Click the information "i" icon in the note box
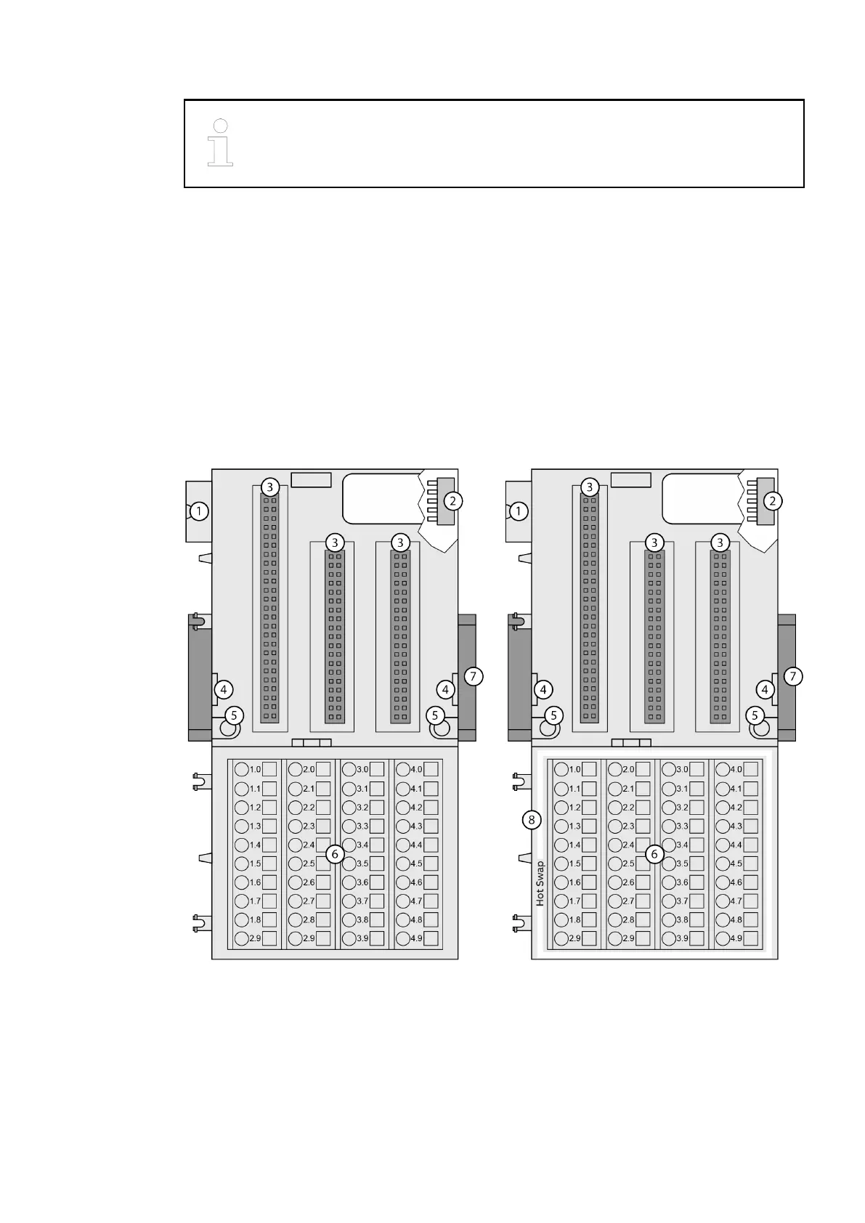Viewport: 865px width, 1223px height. tap(220, 142)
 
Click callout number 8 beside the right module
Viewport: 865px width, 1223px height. tap(532, 820)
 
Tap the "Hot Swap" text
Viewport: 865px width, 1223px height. tap(540, 884)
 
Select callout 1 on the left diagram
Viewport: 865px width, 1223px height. tap(199, 511)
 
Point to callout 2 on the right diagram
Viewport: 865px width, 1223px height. tap(773, 500)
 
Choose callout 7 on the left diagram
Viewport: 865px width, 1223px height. tap(473, 676)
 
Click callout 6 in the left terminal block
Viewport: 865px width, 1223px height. tap(335, 854)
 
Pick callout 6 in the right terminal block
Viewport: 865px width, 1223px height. tap(654, 854)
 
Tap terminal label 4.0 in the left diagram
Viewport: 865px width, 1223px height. tap(416, 770)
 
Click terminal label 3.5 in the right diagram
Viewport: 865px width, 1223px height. tap(682, 864)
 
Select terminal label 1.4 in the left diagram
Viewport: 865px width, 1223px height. tap(255, 845)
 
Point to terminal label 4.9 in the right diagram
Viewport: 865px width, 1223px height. tap(736, 938)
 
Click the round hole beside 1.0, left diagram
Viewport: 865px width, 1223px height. tap(242, 770)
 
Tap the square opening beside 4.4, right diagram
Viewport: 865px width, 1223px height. tap(751, 845)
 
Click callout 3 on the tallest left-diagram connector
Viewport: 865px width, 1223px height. tap(269, 487)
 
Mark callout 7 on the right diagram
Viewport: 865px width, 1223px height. tap(792, 676)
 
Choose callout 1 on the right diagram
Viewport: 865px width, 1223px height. tap(519, 511)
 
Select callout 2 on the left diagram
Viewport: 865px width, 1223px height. tap(452, 500)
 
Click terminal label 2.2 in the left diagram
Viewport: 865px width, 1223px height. tap(309, 808)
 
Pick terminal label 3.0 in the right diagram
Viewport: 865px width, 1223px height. tap(682, 770)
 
